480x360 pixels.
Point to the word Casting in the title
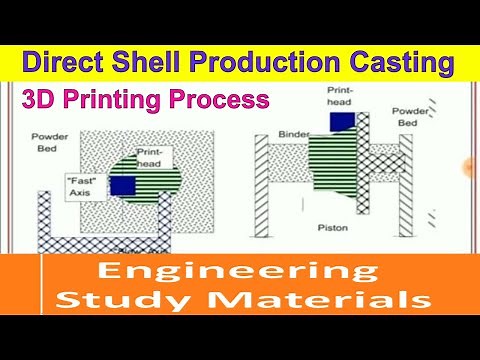click(393, 62)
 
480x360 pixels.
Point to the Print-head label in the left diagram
click(158, 157)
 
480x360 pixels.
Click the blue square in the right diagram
click(341, 121)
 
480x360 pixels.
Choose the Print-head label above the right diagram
click(340, 95)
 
